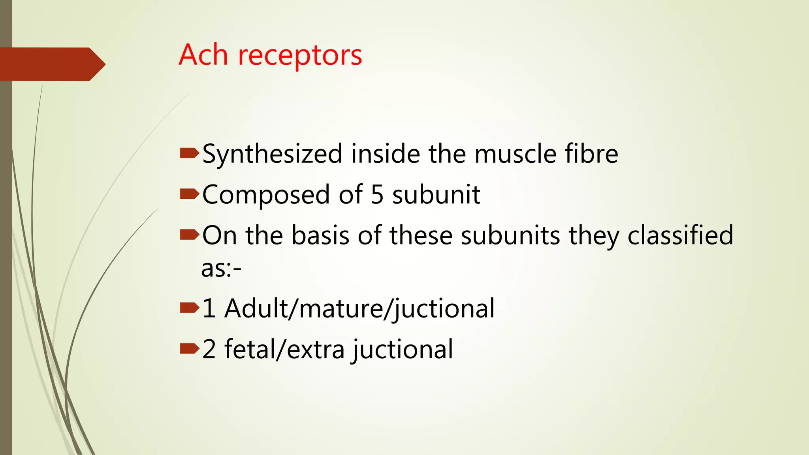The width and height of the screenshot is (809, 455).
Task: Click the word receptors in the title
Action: (300, 55)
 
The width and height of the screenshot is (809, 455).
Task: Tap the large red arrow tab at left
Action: (51, 64)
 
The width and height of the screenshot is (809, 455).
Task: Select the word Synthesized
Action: (272, 154)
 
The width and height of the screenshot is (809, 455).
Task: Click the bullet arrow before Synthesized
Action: (189, 153)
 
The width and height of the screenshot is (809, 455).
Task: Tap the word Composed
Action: (266, 195)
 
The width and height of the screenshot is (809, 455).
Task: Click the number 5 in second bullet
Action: (377, 195)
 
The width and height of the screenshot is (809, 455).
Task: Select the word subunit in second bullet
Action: (436, 195)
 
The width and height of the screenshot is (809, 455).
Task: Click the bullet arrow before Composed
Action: (189, 194)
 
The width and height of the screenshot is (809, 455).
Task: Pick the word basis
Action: (320, 235)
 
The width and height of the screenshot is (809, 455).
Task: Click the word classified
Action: (680, 236)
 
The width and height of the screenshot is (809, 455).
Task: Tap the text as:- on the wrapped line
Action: (221, 269)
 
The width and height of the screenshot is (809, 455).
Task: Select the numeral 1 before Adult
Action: (209, 308)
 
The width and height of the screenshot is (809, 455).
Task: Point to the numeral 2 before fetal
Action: (209, 350)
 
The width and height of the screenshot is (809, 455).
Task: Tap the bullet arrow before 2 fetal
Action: (189, 348)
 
